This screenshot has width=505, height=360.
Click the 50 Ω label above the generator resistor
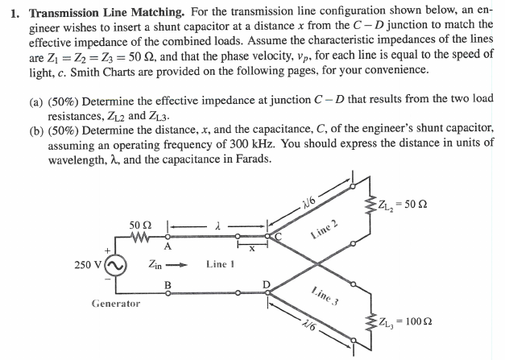[140, 223]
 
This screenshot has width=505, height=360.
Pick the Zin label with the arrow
[162, 263]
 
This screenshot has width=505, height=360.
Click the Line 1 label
[220, 264]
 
